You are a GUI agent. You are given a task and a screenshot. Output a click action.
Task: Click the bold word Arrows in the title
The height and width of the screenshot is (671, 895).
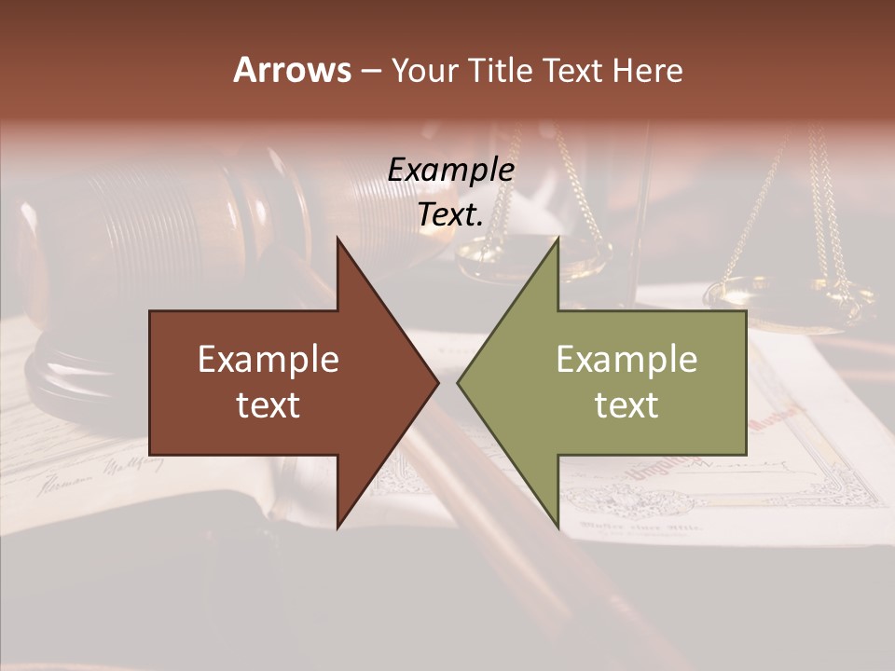pos(291,70)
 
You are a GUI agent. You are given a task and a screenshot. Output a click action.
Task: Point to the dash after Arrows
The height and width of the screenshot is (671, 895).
pos(370,72)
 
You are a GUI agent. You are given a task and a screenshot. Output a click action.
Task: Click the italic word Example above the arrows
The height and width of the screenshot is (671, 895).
pos(450,171)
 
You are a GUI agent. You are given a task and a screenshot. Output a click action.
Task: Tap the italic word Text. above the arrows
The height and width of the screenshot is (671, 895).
pos(450,215)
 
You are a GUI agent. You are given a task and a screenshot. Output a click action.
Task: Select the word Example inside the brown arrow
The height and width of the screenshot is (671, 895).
pos(268,360)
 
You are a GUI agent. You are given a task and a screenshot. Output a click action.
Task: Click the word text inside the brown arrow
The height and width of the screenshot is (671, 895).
pos(268,405)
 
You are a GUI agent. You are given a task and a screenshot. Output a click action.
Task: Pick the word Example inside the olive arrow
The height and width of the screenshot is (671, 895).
pos(626,360)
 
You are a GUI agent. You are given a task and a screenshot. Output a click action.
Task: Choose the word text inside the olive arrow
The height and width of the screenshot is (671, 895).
pos(626,405)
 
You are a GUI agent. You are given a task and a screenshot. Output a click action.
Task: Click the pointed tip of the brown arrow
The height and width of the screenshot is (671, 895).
pos(437,383)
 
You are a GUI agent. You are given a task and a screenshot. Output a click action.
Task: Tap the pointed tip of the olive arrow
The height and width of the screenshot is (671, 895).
pos(458,383)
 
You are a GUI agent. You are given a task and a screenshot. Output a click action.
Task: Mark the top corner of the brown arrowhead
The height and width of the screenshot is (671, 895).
pos(337,240)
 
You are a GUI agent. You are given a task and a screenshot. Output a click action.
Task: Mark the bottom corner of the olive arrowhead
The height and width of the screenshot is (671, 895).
pos(558,527)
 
